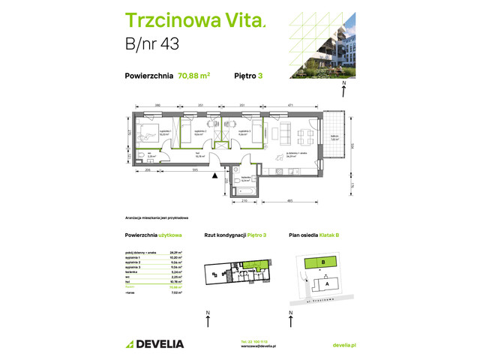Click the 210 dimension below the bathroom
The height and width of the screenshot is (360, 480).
(242, 202)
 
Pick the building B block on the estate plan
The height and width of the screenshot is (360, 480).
(322, 262)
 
